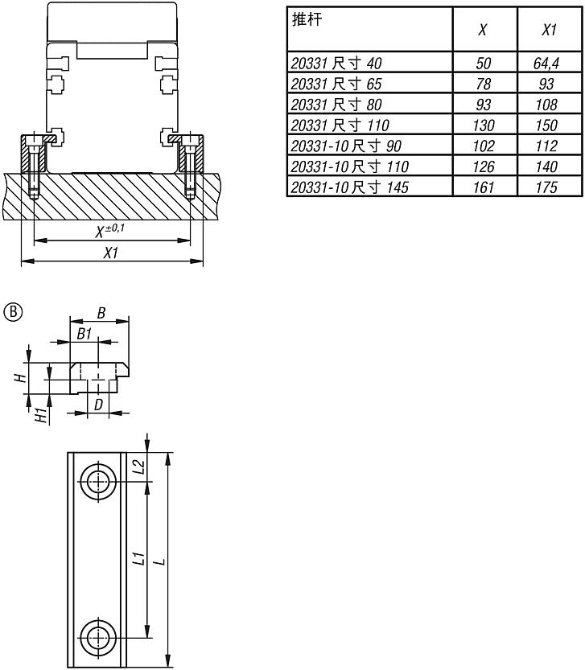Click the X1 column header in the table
point(550,30)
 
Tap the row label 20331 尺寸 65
point(336,84)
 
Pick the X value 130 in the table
point(484,125)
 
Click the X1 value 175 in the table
point(546,187)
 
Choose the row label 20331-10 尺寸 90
point(346,146)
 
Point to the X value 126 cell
point(484,166)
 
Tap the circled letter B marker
point(13,312)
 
